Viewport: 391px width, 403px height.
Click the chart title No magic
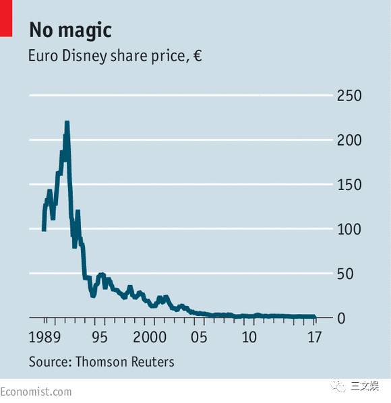coord(70,31)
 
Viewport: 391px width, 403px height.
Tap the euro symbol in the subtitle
coord(198,55)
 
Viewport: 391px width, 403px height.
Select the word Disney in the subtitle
coord(84,57)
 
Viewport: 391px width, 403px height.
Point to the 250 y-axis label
coord(349,96)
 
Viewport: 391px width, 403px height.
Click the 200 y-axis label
coord(349,140)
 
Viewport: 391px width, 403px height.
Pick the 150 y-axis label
coord(349,185)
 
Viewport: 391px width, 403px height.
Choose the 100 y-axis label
coord(349,229)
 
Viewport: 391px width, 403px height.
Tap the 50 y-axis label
coord(345,274)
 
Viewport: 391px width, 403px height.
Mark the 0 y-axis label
coord(341,319)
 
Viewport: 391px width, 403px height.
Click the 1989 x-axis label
coord(44,337)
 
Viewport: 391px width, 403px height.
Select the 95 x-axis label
coord(100,337)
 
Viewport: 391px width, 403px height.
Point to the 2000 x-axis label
coord(150,337)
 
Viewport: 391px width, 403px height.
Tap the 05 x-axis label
coord(199,337)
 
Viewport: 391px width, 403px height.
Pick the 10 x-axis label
coord(249,337)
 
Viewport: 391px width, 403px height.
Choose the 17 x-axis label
coord(315,337)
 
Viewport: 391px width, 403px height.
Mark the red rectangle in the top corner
coord(6,18)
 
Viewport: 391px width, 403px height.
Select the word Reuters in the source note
coord(153,362)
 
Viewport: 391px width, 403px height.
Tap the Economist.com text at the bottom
coord(36,392)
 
